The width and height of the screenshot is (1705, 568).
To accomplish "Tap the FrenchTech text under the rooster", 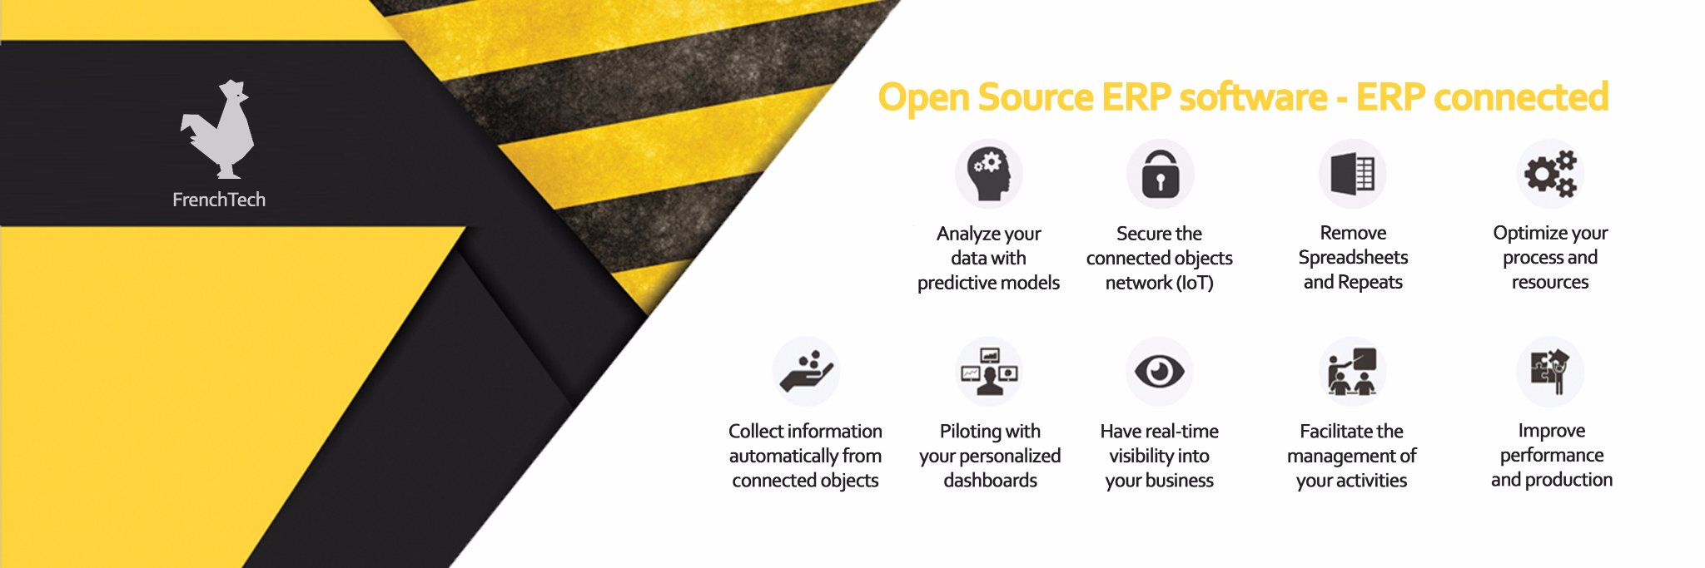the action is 219,200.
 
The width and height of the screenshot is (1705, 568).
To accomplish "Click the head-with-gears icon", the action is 988,174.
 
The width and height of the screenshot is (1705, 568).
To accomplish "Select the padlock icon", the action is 1160,173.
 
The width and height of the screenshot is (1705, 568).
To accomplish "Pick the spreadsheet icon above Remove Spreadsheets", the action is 1352,174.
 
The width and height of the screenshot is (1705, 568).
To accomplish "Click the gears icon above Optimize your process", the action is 1550,174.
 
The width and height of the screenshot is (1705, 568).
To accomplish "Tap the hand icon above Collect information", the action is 806,372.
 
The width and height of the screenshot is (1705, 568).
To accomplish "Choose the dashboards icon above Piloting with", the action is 989,371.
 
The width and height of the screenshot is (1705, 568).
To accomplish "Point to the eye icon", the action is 1159,371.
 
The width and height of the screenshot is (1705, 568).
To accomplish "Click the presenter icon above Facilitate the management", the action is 1352,371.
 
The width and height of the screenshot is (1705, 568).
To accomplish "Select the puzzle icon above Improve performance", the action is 1550,371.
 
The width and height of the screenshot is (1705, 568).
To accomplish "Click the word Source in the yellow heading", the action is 1035,97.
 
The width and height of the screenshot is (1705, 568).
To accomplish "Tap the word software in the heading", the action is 1253,97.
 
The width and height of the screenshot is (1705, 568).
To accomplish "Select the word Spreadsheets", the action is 1353,257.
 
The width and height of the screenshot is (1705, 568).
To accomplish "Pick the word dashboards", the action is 990,480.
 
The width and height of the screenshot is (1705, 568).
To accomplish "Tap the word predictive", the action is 953,283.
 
